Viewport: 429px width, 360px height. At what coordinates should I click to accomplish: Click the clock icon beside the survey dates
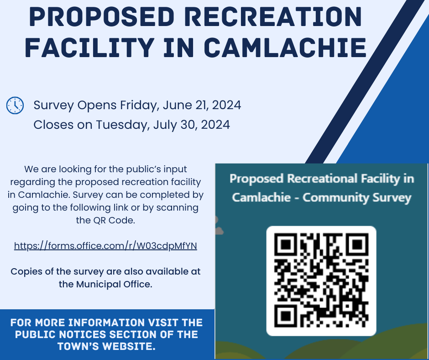click(x=15, y=105)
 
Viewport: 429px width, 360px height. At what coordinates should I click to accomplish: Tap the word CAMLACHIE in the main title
click(x=285, y=48)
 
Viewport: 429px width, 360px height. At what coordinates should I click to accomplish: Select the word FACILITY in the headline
click(x=89, y=48)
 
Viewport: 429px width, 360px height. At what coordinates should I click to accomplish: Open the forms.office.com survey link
click(x=105, y=246)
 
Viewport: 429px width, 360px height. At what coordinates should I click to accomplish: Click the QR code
click(x=321, y=281)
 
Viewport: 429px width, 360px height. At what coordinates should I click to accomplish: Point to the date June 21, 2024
click(x=202, y=105)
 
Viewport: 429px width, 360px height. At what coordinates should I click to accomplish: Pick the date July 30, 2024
click(x=192, y=125)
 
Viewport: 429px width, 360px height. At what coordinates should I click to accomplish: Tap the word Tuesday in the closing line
click(x=123, y=125)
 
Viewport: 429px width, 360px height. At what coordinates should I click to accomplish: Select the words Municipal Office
click(x=114, y=284)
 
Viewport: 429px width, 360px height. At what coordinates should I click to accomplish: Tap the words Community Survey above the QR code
click(x=357, y=197)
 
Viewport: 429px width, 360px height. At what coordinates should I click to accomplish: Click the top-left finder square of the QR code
click(x=286, y=245)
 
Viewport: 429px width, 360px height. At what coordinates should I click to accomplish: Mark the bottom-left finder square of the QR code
click(x=286, y=316)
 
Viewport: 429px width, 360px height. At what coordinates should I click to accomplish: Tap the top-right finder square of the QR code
click(x=357, y=245)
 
